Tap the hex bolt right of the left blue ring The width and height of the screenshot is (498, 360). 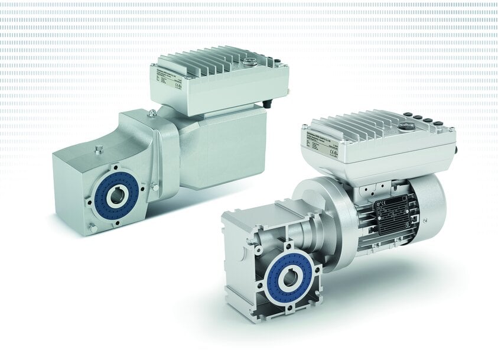click(154, 187)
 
